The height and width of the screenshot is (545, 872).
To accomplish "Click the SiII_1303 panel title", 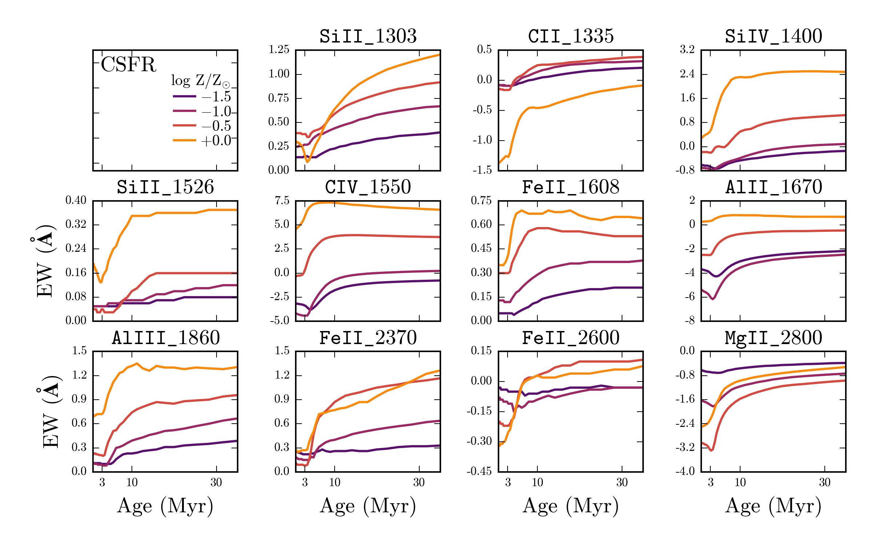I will (368, 36).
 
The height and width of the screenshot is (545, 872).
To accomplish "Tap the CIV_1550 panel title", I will (368, 187).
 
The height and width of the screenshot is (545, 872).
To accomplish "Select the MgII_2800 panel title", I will (774, 338).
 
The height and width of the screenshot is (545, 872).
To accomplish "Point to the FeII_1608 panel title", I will (570, 187).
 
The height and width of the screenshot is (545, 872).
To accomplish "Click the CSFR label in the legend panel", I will (128, 65).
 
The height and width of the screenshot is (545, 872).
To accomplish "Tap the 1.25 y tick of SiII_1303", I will (279, 50).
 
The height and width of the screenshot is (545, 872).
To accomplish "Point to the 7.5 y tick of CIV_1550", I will (282, 201).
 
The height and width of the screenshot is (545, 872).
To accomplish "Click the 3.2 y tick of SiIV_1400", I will (687, 50).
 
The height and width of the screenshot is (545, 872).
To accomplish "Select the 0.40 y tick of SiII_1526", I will (76, 201).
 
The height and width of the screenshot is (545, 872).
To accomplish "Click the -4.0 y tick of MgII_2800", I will (685, 471).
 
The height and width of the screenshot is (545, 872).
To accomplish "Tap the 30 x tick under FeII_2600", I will (622, 483).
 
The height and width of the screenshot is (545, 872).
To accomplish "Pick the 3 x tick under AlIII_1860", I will (102, 483).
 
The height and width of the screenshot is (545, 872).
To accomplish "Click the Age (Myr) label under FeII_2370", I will (368, 506).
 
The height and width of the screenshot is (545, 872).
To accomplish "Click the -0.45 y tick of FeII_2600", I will (479, 471).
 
